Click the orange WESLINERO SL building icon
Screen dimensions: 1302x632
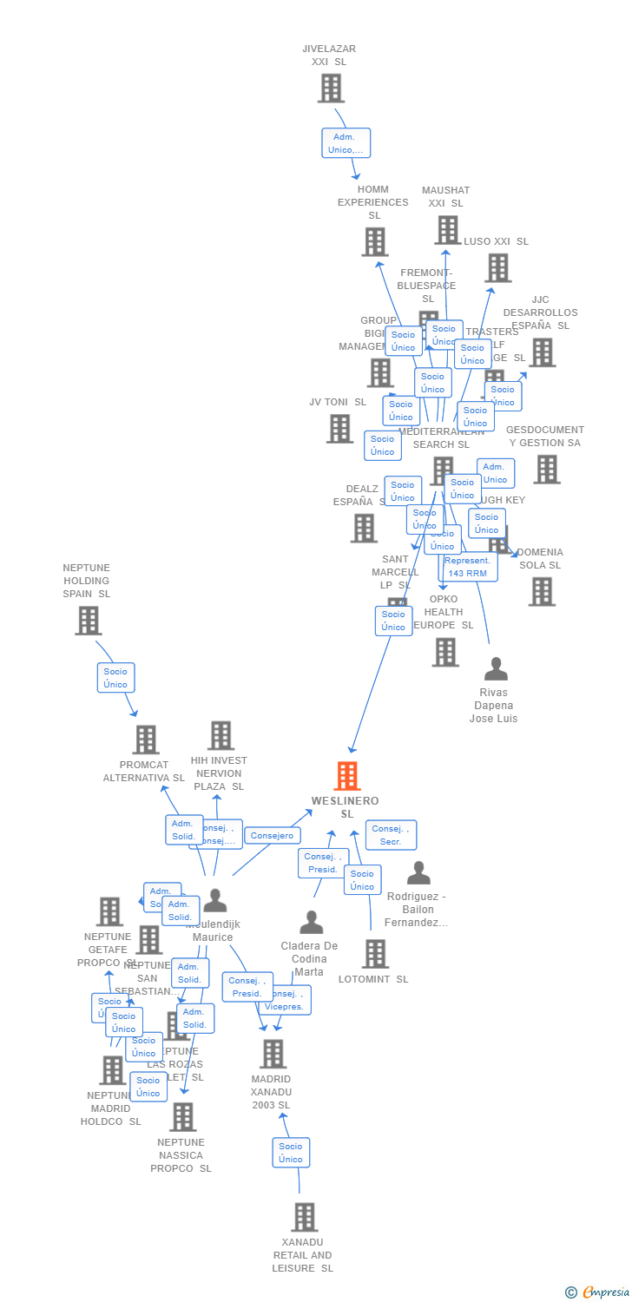347,776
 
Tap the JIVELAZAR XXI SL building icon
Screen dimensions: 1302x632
331,89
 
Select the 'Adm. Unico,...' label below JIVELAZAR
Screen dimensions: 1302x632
346,143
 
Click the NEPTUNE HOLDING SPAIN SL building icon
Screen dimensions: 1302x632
88,621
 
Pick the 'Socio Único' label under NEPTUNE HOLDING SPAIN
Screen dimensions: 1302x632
115,678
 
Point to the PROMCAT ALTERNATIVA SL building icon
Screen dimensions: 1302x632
145,740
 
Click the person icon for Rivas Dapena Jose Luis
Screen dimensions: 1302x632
495,669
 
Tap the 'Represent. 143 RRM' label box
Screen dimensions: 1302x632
468,567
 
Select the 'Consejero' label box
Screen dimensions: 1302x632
273,835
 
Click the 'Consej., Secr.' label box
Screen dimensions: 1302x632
391,835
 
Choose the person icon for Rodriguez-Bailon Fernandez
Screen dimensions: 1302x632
418,873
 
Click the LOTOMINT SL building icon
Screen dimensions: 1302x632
375,954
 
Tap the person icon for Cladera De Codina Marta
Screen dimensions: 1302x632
311,923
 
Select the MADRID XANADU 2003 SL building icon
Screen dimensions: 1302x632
273,1054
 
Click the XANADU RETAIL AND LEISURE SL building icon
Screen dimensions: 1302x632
304,1217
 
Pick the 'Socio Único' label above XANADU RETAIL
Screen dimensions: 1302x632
291,1153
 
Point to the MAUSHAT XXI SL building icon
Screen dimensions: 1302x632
447,230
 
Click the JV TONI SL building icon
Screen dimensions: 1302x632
339,429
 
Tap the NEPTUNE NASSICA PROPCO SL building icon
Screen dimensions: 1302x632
182,1117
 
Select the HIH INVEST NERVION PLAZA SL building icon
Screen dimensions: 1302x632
221,735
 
